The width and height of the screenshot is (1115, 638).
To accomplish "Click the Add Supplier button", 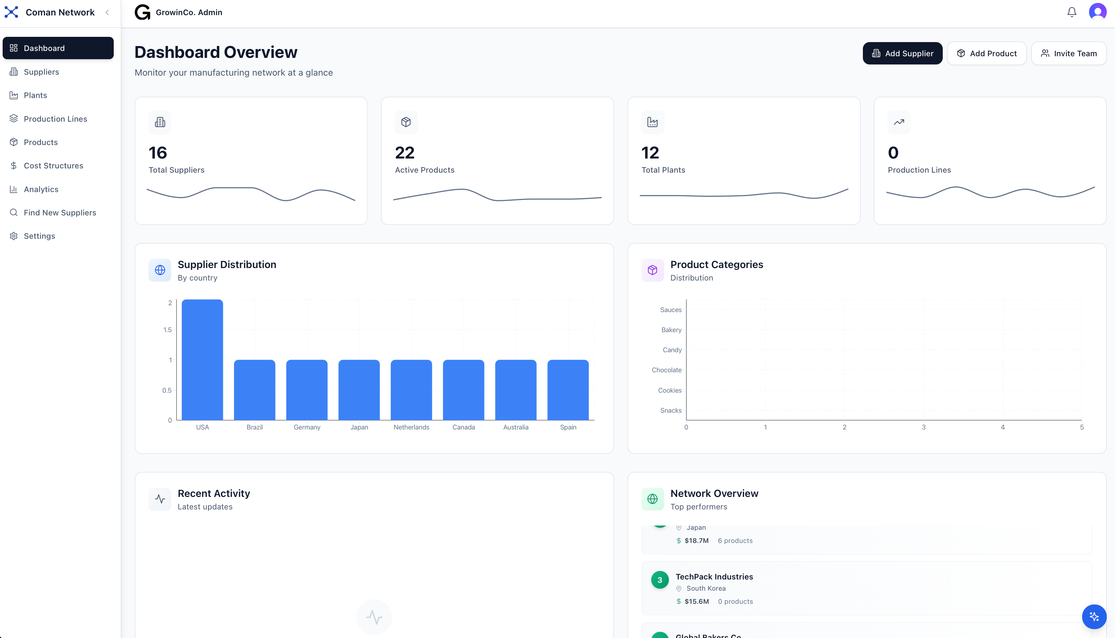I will (x=902, y=54).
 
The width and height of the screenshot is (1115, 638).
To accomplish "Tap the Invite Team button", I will (x=1069, y=54).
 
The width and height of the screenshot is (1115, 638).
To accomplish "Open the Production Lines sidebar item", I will (x=55, y=119).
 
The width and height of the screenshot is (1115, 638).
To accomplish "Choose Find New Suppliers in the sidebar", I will (x=59, y=212).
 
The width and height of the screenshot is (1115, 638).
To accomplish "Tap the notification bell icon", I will (x=1071, y=12).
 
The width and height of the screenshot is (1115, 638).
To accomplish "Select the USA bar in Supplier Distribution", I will (x=202, y=359).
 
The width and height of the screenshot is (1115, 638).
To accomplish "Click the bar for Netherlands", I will (x=411, y=390).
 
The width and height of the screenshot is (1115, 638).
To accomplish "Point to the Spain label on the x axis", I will (x=568, y=427).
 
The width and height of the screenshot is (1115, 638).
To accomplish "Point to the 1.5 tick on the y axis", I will (x=167, y=330).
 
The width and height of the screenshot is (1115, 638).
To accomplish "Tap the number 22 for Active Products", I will (x=404, y=153).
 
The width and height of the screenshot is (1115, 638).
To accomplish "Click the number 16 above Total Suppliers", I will (x=158, y=153).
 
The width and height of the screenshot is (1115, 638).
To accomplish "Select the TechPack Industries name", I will (x=714, y=577).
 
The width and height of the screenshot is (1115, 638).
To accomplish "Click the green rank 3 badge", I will (x=659, y=580).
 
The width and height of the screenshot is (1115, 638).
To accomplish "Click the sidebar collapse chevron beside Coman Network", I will (x=107, y=12).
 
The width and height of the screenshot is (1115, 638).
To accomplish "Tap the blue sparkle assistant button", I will (x=1094, y=617).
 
